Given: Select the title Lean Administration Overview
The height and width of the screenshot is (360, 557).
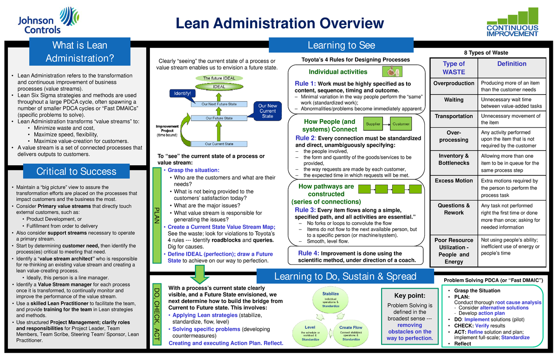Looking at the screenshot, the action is coord(278,24).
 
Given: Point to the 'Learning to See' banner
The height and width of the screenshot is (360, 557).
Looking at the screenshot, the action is coord(341,45).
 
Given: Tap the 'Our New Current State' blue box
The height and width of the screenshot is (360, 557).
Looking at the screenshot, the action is coord(267,111).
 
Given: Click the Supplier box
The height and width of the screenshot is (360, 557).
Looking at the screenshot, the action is coord(374,124).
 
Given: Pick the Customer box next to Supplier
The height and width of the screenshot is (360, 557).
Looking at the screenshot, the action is coord(401,124).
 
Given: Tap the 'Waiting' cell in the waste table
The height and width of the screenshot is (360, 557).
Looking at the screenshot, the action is coord(453,100).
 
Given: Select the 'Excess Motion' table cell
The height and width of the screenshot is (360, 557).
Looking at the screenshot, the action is coord(453,180).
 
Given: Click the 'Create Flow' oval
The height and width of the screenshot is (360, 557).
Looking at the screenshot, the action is coord(351,331).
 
